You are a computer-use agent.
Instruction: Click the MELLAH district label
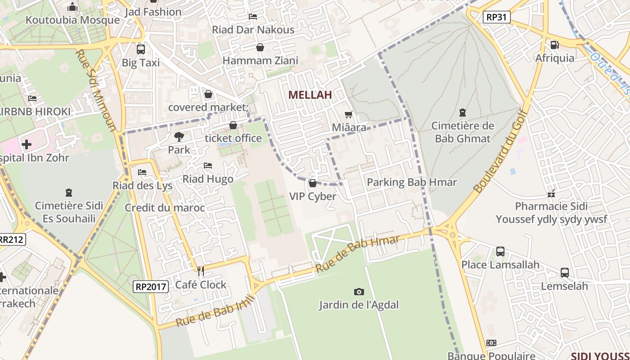pyautogui.click(x=310, y=95)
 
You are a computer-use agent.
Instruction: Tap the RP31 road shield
pyautogui.click(x=497, y=18)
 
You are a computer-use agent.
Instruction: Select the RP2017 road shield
pyautogui.click(x=151, y=286)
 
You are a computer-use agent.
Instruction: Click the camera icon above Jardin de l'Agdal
pyautogui.click(x=359, y=292)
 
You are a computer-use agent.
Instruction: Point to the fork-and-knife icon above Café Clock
pyautogui.click(x=201, y=271)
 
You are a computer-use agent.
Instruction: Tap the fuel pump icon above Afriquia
pyautogui.click(x=554, y=45)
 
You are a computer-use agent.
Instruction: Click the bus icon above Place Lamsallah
pyautogui.click(x=500, y=252)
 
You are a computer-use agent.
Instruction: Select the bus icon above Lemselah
pyautogui.click(x=564, y=273)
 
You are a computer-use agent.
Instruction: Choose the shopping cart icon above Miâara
pyautogui.click(x=348, y=115)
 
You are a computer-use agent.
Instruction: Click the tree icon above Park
pyautogui.click(x=179, y=136)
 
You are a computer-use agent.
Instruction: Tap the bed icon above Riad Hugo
pyautogui.click(x=207, y=166)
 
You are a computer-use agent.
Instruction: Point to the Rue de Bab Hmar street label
pyautogui.click(x=357, y=254)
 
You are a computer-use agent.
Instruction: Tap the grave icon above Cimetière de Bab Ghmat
pyautogui.click(x=462, y=112)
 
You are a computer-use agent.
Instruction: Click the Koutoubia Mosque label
pyautogui.click(x=72, y=20)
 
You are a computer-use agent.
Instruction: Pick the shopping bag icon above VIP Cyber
pyautogui.click(x=312, y=183)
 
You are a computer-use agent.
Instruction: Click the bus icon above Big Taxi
pyautogui.click(x=140, y=49)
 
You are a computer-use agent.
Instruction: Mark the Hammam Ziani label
pyautogui.click(x=260, y=60)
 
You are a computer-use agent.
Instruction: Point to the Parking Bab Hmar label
pyautogui.click(x=412, y=182)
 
